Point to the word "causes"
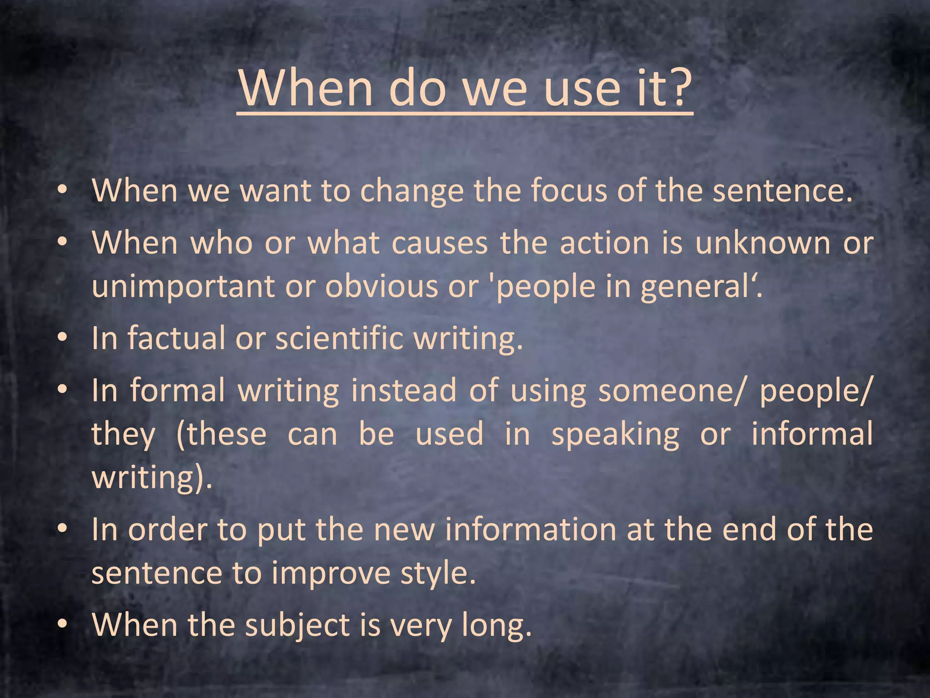[439, 243]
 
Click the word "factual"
[175, 338]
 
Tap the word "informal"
[811, 434]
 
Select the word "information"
[529, 530]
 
